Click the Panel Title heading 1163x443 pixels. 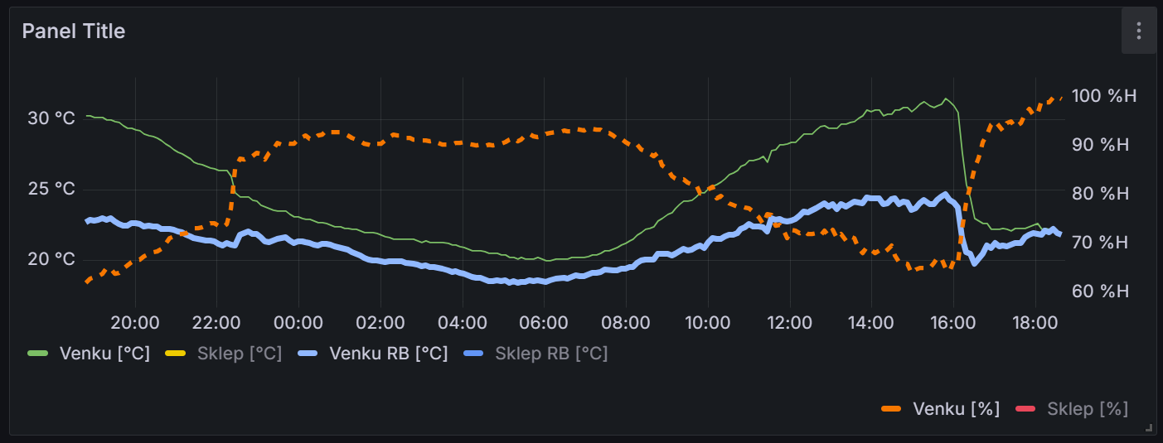point(73,31)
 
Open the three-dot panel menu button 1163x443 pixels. point(1139,31)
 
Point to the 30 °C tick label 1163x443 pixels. point(51,118)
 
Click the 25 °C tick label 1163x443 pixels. point(51,189)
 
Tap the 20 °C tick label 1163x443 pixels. point(51,259)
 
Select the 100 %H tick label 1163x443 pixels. point(1104,96)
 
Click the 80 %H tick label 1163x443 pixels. point(1101,194)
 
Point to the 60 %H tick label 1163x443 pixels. point(1101,291)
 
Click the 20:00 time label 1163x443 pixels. point(135,322)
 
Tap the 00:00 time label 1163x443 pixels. point(298,322)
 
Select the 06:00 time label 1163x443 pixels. point(544,322)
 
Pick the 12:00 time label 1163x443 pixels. point(789,322)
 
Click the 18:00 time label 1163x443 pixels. point(1035,322)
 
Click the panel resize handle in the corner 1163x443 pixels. point(1149,428)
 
